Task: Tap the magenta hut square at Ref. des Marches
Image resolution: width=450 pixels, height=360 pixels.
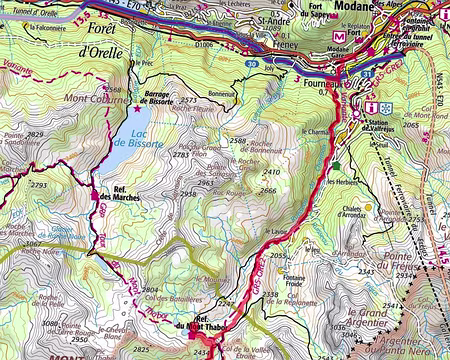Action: point(96,195)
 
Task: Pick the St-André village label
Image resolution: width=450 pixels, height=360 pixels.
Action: point(274,19)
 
